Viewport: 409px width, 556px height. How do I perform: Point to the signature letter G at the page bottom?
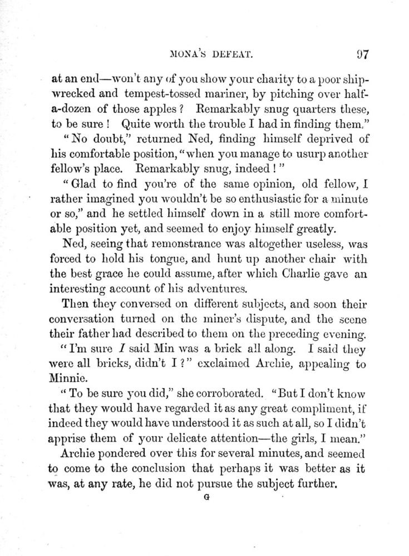click(x=206, y=499)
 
